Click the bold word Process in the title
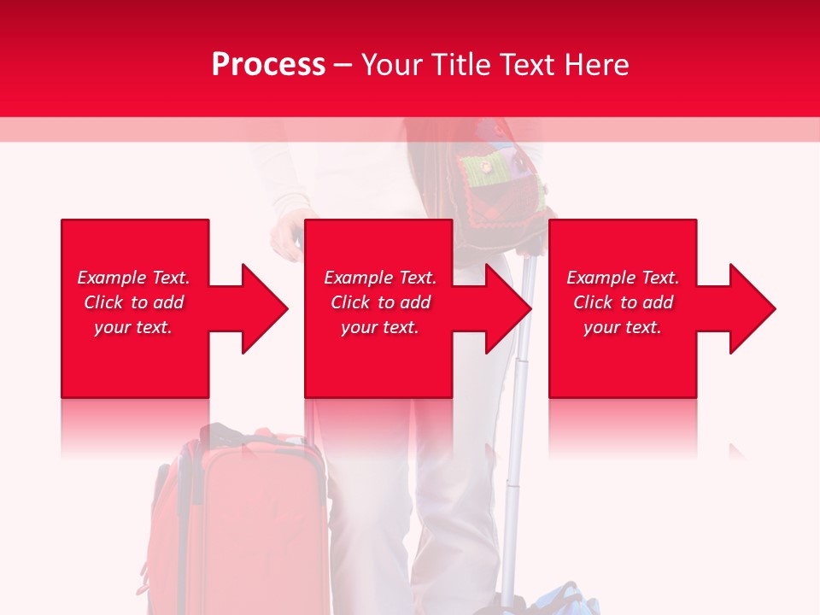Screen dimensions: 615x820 tap(268, 65)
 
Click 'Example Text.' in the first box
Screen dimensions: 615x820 tap(133, 278)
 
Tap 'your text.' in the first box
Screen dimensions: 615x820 tap(133, 327)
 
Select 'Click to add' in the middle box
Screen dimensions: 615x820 tap(380, 302)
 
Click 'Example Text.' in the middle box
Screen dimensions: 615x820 tap(380, 278)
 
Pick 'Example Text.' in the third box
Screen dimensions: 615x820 tap(623, 278)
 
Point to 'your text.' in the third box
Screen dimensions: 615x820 tap(623, 327)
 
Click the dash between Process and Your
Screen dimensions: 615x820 tap(343, 65)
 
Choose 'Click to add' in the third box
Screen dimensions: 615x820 tap(623, 302)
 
